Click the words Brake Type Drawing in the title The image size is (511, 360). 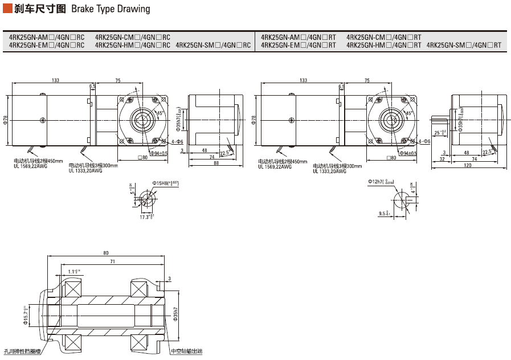click(x=111, y=9)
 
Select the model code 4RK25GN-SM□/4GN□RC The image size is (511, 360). click(x=213, y=45)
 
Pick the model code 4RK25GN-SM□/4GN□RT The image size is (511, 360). click(x=464, y=45)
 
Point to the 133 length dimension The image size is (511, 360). click(x=55, y=80)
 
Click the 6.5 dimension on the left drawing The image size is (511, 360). click(x=92, y=87)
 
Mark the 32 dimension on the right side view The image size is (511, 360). click(x=441, y=159)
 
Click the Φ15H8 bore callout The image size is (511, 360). click(x=165, y=183)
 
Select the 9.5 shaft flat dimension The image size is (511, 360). click(x=383, y=214)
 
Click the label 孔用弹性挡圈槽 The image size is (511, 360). click(x=23, y=351)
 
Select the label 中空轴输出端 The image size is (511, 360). click(x=186, y=351)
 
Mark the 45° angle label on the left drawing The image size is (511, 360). click(x=160, y=113)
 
